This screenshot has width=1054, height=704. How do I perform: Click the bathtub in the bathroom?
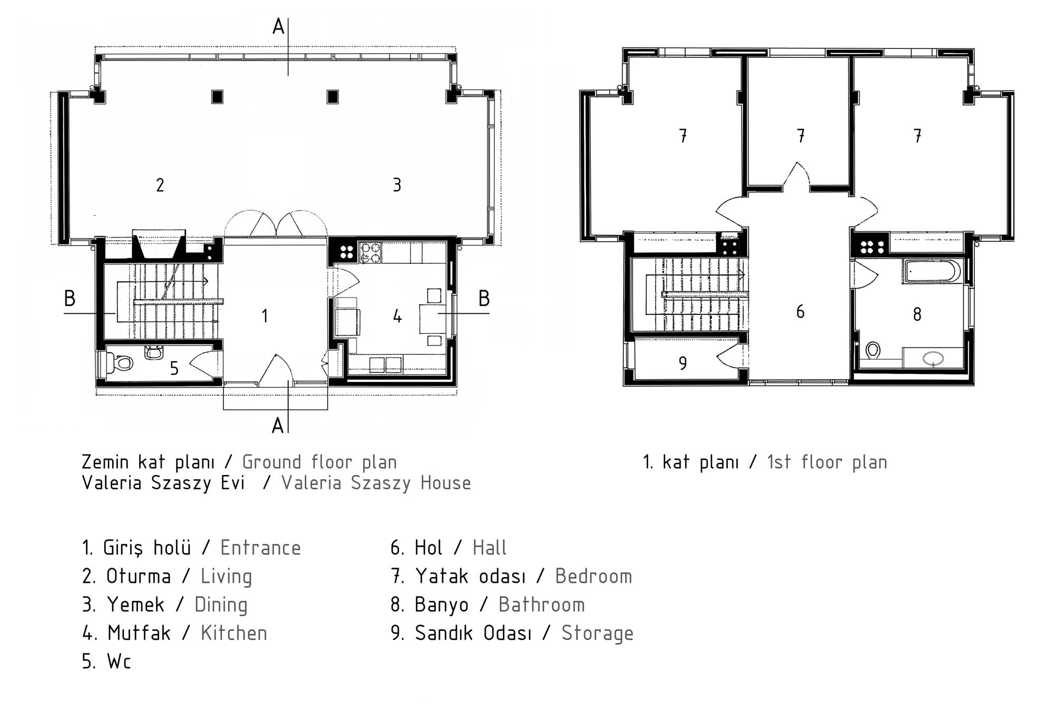(x=931, y=272)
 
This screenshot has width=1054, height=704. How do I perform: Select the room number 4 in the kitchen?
(x=397, y=316)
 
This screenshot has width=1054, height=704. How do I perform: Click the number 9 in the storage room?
(x=682, y=363)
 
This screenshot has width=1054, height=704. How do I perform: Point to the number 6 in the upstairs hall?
(x=800, y=312)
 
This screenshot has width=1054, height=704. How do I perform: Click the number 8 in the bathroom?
(x=917, y=314)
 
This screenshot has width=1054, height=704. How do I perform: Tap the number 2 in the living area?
(x=160, y=185)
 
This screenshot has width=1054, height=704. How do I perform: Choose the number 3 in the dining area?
(x=397, y=185)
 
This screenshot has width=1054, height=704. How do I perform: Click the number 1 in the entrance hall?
(x=265, y=316)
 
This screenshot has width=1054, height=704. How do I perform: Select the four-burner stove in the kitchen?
(x=369, y=252)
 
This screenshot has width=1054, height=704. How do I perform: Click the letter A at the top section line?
(x=278, y=26)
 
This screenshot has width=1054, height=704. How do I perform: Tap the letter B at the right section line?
(x=484, y=298)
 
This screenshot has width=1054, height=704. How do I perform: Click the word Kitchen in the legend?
(x=234, y=633)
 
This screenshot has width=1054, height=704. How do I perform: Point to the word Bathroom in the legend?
(x=542, y=604)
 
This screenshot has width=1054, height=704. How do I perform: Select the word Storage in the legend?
(x=597, y=633)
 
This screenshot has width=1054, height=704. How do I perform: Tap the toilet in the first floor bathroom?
(x=873, y=350)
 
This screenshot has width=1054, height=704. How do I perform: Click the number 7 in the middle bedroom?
(x=801, y=136)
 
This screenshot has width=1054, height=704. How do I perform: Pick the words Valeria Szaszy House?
(x=376, y=483)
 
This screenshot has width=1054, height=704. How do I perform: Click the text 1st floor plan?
(x=827, y=462)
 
